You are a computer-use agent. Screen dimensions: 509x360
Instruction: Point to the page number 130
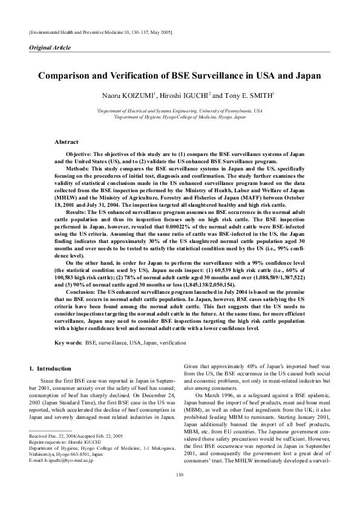point(180,491)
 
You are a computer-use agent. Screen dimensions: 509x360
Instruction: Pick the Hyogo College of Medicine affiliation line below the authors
point(180,117)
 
